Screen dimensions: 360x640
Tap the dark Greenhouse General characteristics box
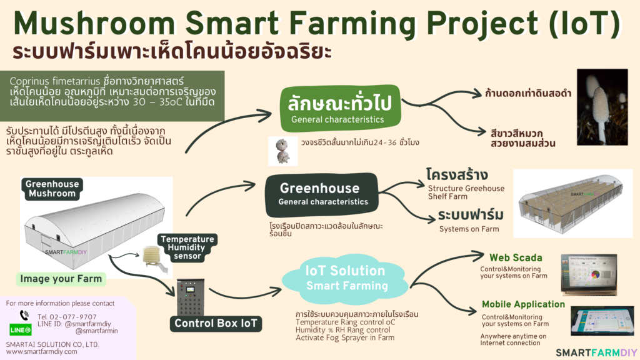[x=322, y=194]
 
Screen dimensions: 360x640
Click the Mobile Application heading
[x=523, y=304]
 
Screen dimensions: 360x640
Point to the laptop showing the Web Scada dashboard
[x=588, y=274]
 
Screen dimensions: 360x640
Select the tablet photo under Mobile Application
[x=602, y=321]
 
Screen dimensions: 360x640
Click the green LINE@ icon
[x=21, y=329]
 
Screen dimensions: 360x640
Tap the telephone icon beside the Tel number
[x=24, y=316]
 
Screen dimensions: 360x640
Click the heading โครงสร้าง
[x=457, y=174]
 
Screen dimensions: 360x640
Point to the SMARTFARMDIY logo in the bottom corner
[x=596, y=352]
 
